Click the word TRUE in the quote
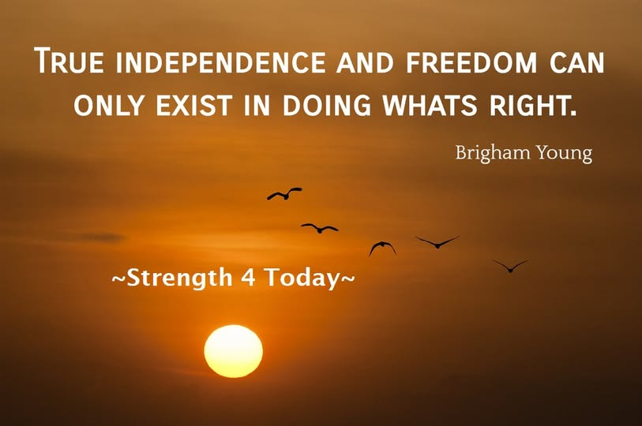(69, 61)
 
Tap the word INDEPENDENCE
(220, 62)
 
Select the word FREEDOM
(471, 62)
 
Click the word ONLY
(108, 104)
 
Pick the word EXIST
(194, 104)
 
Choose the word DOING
(326, 104)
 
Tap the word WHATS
(430, 104)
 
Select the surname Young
(565, 155)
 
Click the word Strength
(179, 278)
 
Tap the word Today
(301, 278)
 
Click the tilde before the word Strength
(118, 278)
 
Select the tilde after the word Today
(347, 278)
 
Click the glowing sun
(234, 351)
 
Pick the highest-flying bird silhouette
(285, 194)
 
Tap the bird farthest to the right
(510, 267)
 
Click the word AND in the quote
(365, 62)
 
